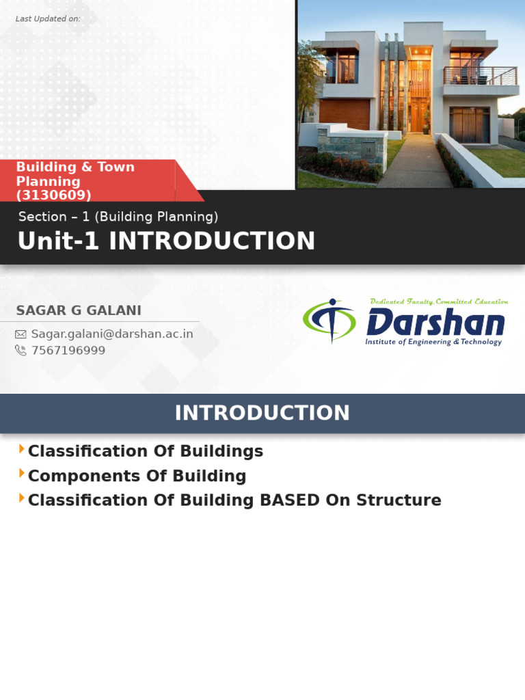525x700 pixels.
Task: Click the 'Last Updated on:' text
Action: [x=48, y=18]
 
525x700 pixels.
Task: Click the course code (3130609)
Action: [x=53, y=196]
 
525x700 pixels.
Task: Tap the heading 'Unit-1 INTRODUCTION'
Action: [x=166, y=241]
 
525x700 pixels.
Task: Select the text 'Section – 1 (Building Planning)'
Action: [x=118, y=217]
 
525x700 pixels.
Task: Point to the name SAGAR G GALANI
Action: [x=79, y=310]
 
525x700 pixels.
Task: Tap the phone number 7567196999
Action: [x=68, y=351]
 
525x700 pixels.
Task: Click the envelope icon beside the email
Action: [x=21, y=334]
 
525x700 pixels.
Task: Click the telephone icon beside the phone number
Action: [x=21, y=351]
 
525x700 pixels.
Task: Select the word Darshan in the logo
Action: [x=435, y=323]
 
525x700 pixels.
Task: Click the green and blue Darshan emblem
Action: [x=330, y=320]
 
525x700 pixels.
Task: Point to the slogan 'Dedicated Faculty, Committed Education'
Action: [x=438, y=301]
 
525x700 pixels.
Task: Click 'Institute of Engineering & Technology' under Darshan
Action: [x=433, y=342]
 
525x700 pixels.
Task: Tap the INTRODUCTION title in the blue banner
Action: [x=262, y=413]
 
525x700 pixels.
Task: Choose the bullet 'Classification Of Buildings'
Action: [x=145, y=451]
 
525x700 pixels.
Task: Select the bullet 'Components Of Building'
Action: [x=137, y=476]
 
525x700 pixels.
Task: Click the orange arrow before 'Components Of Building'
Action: [x=22, y=473]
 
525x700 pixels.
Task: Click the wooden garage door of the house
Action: [x=335, y=113]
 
